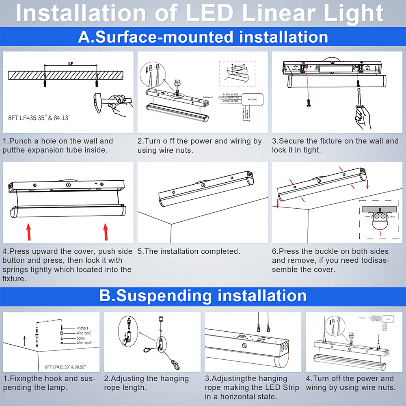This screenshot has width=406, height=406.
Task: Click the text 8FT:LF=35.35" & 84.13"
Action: [x=39, y=118]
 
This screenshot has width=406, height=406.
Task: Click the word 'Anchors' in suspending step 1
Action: [x=82, y=328]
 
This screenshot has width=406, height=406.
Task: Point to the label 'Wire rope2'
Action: [x=84, y=343]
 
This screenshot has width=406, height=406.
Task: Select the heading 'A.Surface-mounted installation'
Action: [x=203, y=37]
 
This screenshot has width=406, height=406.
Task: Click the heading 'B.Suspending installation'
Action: [x=203, y=296]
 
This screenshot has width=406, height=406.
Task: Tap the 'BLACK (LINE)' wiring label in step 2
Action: [x=231, y=94]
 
